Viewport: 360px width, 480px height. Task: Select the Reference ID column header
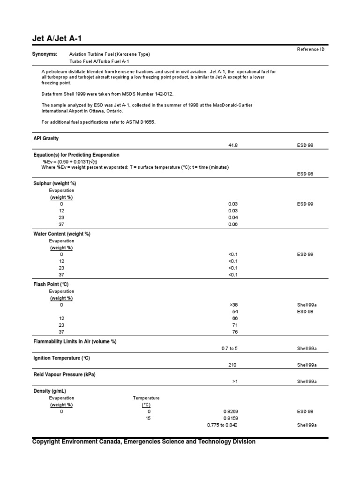[311, 49]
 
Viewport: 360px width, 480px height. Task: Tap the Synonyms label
[45, 54]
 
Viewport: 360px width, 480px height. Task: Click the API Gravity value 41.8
[233, 146]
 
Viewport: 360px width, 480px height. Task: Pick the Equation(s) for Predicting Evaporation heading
[76, 155]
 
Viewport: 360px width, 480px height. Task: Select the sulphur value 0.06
[233, 224]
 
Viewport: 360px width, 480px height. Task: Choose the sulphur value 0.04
[233, 217]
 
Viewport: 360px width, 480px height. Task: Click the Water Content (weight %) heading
[62, 233]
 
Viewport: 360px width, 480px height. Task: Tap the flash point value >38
[233, 305]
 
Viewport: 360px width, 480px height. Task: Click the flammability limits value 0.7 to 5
[230, 349]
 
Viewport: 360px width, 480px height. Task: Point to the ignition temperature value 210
[233, 365]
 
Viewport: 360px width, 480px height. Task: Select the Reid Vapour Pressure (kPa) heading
[65, 374]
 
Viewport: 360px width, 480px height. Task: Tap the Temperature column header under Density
[146, 398]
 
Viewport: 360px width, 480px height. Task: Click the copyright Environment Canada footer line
[144, 442]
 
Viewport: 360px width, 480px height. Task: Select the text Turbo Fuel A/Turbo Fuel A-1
[99, 61]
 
